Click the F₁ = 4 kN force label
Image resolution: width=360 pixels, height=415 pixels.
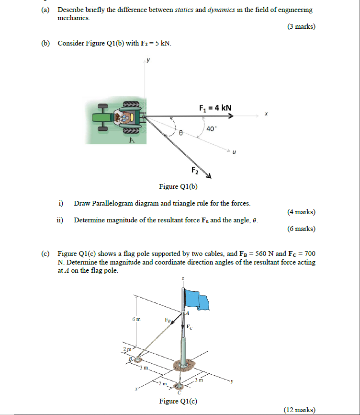(x=215, y=107)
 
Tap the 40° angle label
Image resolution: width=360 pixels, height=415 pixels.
(x=212, y=128)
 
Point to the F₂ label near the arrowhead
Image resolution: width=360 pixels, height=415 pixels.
(x=194, y=170)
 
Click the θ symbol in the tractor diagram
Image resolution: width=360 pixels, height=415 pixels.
(x=181, y=136)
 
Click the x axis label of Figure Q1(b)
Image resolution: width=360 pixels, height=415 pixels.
(x=266, y=114)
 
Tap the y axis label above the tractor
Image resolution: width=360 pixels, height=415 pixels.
(x=148, y=60)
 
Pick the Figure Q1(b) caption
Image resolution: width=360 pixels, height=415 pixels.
(x=178, y=186)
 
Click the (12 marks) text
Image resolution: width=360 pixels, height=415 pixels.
(x=299, y=410)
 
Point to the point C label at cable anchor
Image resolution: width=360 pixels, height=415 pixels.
(x=179, y=393)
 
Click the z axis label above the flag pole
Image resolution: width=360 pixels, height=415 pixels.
(x=182, y=279)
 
